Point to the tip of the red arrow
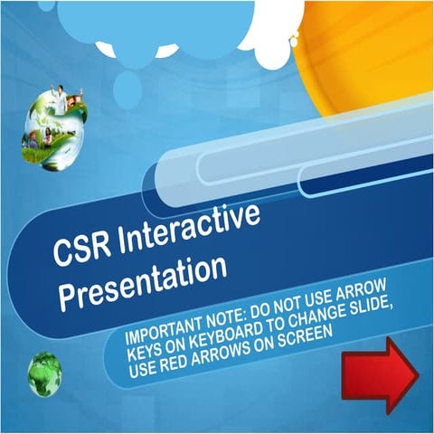[x=417, y=372]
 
